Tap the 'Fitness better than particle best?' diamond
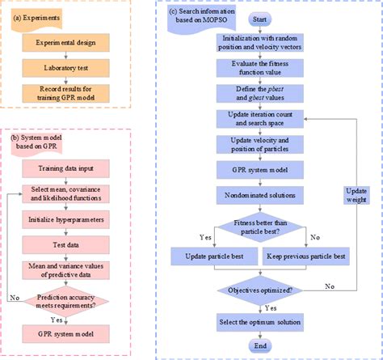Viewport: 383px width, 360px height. tap(259, 228)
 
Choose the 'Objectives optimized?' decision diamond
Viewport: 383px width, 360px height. tap(259, 288)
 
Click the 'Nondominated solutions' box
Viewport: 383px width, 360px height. tap(259, 196)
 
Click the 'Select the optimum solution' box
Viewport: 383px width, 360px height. tap(259, 323)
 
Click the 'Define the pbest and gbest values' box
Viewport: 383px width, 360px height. tap(259, 93)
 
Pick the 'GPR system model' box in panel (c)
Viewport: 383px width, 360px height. tap(259, 171)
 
